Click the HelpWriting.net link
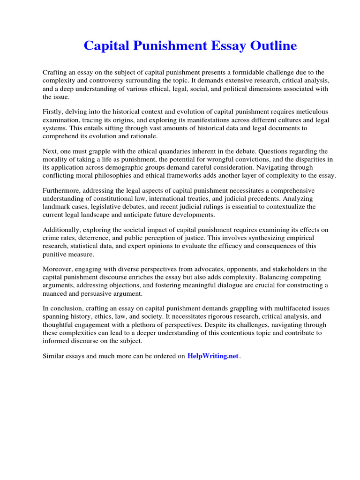point(213,356)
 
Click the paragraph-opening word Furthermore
point(62,191)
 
